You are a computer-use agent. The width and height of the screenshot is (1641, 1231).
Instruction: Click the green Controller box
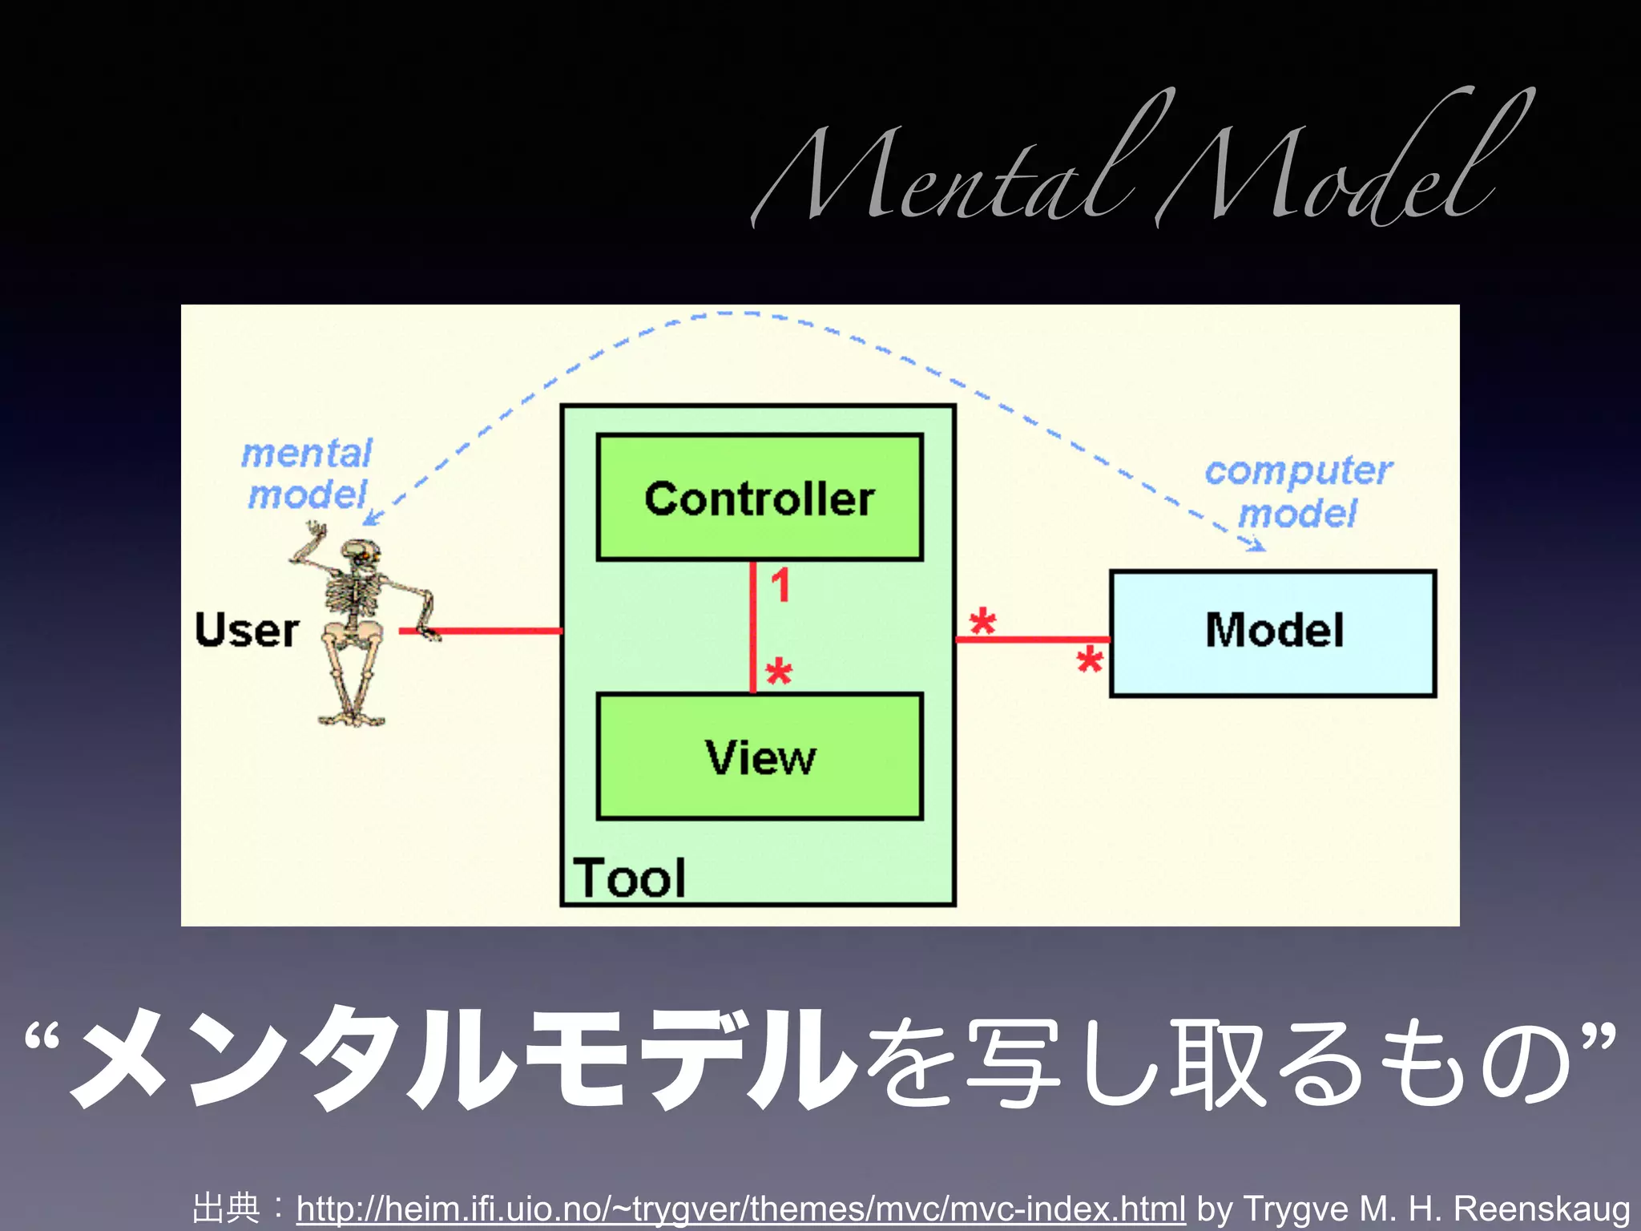[760, 497]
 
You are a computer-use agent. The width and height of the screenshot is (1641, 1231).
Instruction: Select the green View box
[760, 757]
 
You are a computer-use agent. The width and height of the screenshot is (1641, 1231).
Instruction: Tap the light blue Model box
[1272, 632]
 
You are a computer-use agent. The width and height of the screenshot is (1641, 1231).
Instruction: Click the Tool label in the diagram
[630, 878]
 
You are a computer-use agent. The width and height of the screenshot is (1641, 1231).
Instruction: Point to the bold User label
[247, 630]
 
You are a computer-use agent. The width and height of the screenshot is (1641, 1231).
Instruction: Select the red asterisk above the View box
[779, 672]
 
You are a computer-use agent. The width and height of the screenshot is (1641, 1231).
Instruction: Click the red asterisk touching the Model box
[1090, 661]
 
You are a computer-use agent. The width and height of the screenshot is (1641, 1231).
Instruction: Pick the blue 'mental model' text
[308, 474]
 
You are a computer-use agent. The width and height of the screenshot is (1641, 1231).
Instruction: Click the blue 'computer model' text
[1298, 491]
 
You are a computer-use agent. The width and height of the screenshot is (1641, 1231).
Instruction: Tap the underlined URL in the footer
[740, 1208]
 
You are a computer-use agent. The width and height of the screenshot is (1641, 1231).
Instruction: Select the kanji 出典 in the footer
[226, 1208]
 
